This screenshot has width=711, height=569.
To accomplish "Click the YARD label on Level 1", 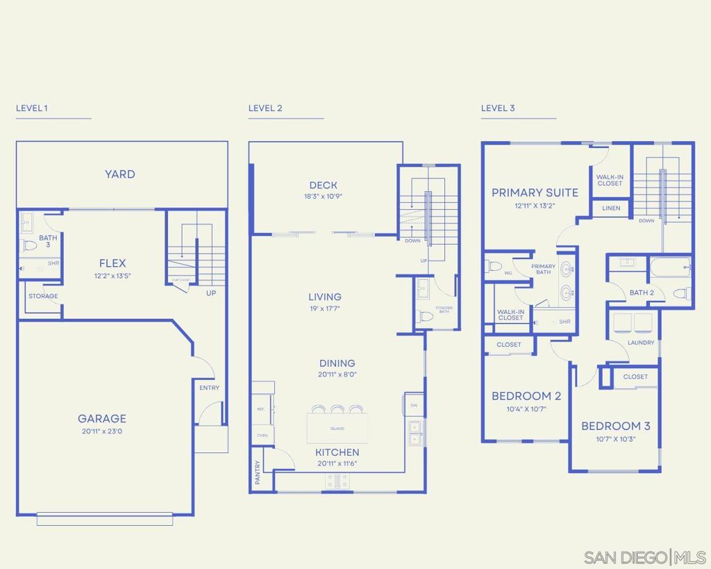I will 120,174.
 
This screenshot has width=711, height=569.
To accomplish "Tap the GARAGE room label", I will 102,418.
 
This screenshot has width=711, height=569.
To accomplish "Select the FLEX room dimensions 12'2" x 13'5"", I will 112,276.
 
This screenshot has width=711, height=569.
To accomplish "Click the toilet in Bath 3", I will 30,245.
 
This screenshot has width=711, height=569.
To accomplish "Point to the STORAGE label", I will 43,296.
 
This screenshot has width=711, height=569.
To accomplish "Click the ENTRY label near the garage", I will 209,388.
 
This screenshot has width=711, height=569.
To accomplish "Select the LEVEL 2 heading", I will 265,108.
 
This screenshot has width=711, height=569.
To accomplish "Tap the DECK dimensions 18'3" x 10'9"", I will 324,197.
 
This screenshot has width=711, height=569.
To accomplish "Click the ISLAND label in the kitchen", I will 337,429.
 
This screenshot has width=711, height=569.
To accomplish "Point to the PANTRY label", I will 258,471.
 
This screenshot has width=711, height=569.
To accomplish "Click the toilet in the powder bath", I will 424,316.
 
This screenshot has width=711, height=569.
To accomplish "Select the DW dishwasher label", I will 413,405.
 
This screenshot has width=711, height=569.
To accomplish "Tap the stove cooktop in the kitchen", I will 338,481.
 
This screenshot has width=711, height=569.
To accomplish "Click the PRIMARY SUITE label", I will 535,192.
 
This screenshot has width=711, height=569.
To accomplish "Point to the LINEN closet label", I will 611,208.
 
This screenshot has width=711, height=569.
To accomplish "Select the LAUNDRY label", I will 640,343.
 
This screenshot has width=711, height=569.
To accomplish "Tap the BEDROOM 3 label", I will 616,426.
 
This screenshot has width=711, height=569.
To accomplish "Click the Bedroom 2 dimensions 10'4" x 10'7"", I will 526,409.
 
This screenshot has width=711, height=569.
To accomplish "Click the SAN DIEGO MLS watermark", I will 645,557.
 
